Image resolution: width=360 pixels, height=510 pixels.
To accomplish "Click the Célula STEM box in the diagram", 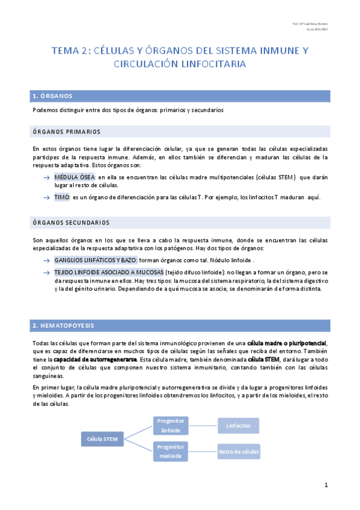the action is pyautogui.click(x=102, y=438).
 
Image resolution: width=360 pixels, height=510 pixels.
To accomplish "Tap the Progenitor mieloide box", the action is pyautogui.click(x=171, y=451).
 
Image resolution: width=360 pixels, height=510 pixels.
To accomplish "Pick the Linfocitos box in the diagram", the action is pyautogui.click(x=239, y=425).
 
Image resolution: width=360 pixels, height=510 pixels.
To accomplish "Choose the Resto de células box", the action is pyautogui.click(x=239, y=451).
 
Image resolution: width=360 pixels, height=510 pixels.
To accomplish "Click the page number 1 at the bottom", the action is pyautogui.click(x=325, y=485).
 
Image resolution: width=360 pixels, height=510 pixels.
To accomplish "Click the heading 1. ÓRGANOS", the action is pyautogui.click(x=53, y=96).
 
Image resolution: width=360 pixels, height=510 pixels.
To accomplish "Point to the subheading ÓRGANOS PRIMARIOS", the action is pyautogui.click(x=67, y=131).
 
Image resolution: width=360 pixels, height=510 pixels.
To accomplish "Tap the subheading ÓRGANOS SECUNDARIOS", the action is pyautogui.click(x=71, y=222).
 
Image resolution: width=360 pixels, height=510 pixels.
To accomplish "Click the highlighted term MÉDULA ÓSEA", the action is pyautogui.click(x=75, y=177).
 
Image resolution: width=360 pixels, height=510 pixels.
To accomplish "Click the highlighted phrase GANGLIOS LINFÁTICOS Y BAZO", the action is pyautogui.click(x=96, y=260).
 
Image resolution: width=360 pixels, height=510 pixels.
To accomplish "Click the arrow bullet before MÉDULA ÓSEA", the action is pyautogui.click(x=46, y=178).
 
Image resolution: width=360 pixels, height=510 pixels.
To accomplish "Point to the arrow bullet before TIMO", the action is pyautogui.click(x=46, y=197).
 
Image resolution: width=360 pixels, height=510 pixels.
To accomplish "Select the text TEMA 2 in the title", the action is pyautogui.click(x=69, y=51).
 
